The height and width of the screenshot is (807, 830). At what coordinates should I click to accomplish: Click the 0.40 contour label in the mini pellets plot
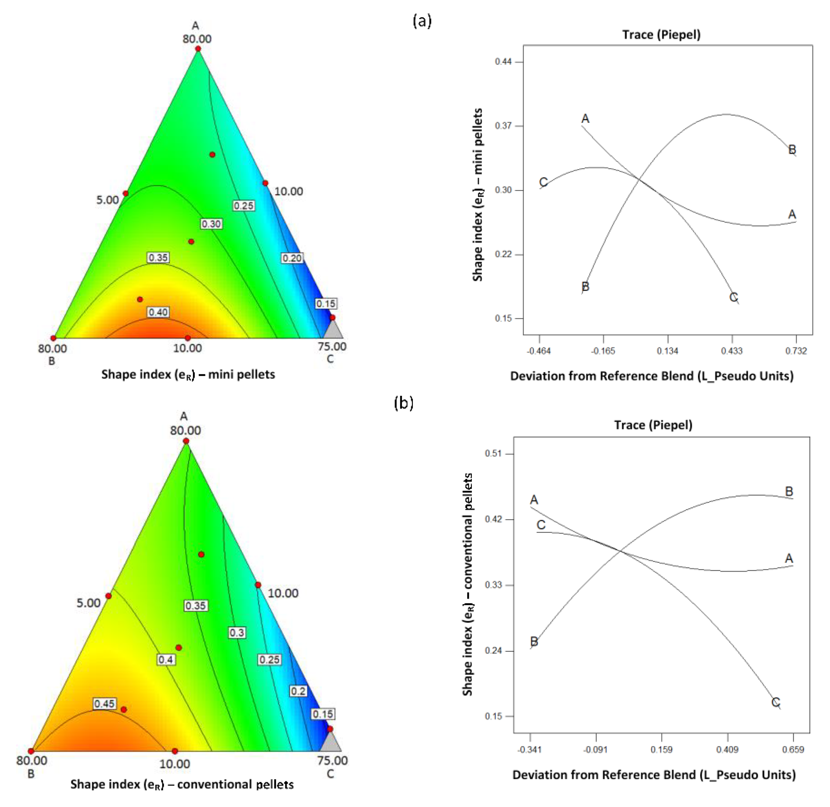click(158, 312)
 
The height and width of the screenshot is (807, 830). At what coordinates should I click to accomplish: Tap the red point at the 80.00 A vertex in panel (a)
click(198, 49)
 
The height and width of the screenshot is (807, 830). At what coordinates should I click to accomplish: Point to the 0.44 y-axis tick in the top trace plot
click(503, 62)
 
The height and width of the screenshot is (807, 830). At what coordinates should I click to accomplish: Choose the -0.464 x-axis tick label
click(539, 351)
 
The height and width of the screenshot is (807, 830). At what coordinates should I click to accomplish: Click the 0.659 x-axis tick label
click(793, 749)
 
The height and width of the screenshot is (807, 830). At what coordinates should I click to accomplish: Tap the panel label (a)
click(422, 20)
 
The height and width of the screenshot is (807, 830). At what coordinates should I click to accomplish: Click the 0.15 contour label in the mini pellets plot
click(326, 303)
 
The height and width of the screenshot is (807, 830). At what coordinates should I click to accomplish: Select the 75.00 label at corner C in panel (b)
click(332, 760)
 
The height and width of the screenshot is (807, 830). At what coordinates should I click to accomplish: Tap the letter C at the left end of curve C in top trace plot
click(543, 182)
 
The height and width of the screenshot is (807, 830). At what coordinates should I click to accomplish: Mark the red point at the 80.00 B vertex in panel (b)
click(31, 751)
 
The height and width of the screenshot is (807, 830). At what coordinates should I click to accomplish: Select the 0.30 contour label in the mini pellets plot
click(211, 224)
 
